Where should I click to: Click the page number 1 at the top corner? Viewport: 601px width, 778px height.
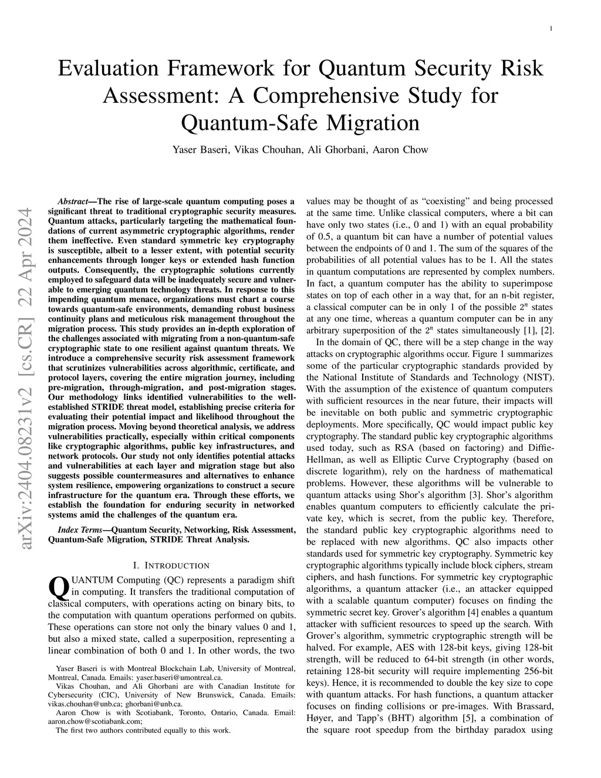(x=551, y=28)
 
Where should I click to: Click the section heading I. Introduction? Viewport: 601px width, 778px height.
(x=171, y=565)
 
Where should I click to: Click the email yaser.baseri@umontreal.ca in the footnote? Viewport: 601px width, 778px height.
(x=182, y=676)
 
